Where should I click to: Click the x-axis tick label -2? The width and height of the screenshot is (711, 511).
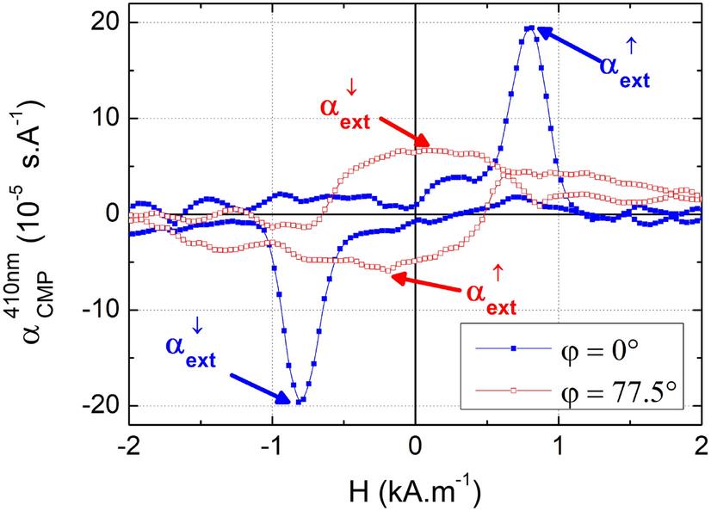128,446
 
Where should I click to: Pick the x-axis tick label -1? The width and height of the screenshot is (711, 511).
271,446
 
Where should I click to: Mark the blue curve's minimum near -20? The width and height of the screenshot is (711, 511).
298,402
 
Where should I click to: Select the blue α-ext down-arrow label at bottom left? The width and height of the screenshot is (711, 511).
188,346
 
